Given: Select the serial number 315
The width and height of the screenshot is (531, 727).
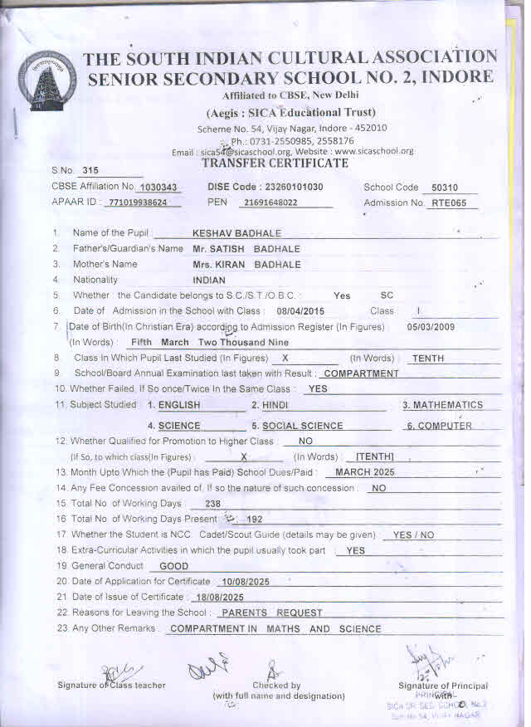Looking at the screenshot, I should point(90,170).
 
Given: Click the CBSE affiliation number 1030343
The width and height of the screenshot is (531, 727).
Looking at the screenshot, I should point(159,188).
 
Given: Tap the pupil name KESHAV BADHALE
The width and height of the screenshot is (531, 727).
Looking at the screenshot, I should point(236,233).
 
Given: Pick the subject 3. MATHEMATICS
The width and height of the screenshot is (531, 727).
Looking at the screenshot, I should point(442,405).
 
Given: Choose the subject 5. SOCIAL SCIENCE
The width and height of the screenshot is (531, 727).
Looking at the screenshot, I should point(296,426).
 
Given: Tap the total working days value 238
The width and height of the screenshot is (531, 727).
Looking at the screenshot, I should point(212,504).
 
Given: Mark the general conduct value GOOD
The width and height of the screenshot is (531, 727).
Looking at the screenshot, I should point(173,566).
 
